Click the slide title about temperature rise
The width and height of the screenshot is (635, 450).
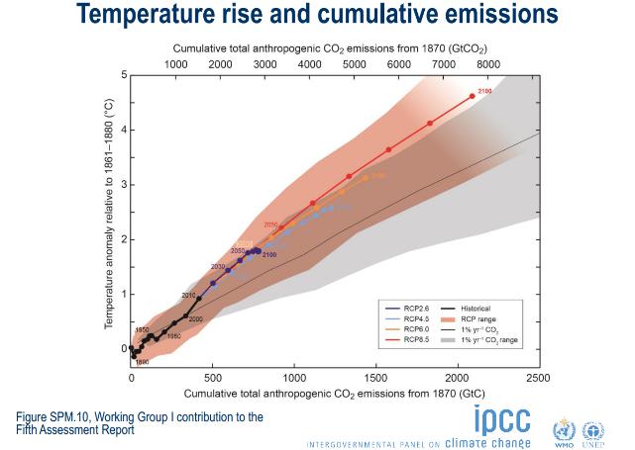click(317, 16)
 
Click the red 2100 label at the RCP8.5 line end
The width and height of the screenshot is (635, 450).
click(484, 91)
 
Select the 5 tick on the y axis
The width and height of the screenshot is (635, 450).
click(124, 75)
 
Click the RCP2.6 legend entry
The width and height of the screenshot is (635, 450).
click(403, 309)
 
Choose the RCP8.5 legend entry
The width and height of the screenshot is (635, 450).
click(403, 340)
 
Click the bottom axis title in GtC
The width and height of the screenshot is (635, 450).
click(334, 394)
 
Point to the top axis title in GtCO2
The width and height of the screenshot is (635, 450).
click(330, 47)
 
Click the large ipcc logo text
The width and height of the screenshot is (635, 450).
click(501, 419)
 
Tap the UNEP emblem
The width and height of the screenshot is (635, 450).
click(593, 429)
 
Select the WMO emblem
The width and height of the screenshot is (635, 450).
click(564, 429)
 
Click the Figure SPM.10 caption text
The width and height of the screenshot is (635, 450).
click(139, 422)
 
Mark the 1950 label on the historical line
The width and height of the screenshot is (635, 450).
click(142, 329)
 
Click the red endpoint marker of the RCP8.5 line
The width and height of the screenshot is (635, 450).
click(473, 96)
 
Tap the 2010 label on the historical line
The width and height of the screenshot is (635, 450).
click(188, 296)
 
